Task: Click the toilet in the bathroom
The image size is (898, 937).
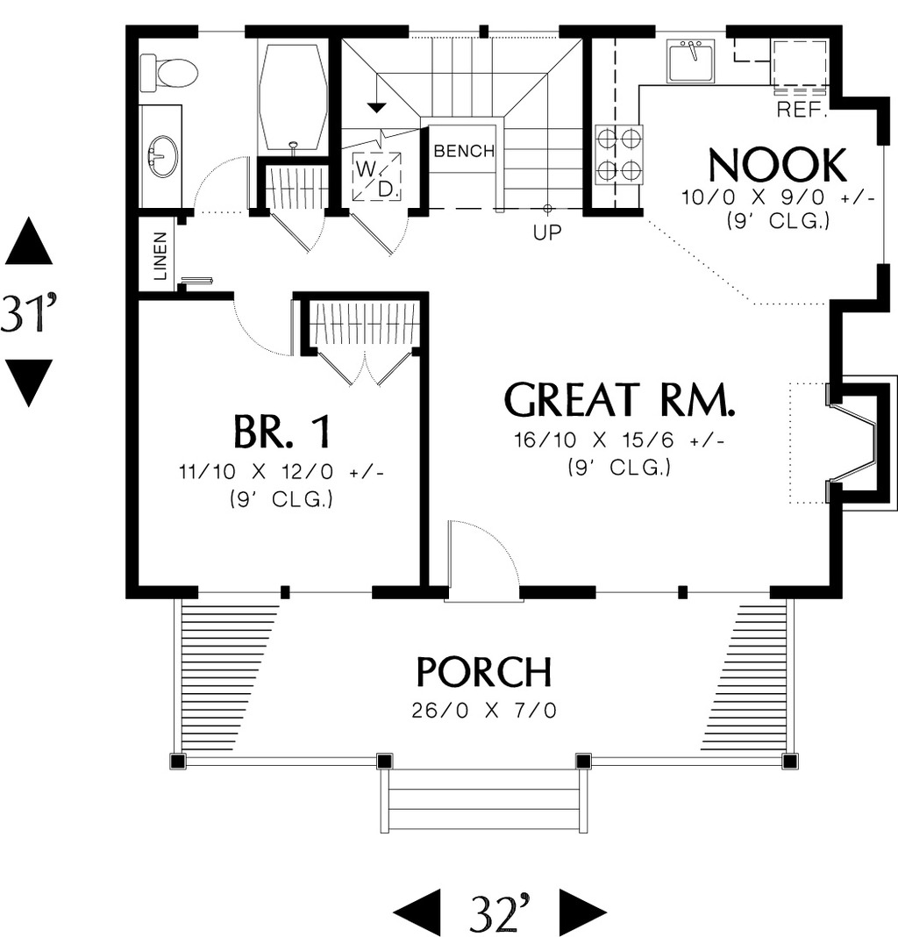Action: point(168,72)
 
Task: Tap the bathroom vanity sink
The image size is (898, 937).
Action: point(162,156)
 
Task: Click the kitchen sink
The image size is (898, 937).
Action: point(690,61)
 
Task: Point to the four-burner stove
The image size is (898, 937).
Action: point(618,154)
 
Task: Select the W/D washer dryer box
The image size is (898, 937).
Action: point(378,176)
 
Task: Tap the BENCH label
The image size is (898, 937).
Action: point(464,151)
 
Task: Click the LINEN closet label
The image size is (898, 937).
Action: point(160,255)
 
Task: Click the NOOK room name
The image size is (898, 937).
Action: point(777,165)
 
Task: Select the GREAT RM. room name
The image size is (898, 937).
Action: point(619,400)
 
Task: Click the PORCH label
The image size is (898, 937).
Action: point(484,672)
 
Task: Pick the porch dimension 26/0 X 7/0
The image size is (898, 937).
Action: point(484,710)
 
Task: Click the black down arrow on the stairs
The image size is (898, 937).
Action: point(376,108)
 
